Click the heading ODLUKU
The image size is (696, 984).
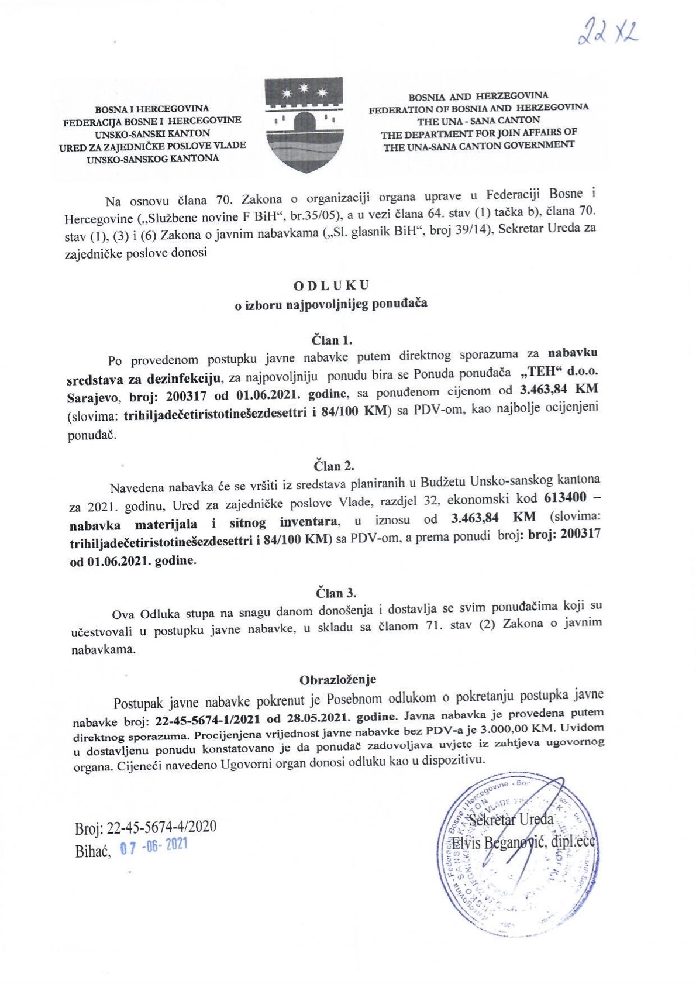pos(331,285)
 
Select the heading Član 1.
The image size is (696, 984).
pos(331,340)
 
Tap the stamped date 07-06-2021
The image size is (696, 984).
pos(154,847)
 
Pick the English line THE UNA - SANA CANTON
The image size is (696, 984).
pos(478,121)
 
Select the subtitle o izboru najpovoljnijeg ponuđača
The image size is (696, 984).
pos(330,303)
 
